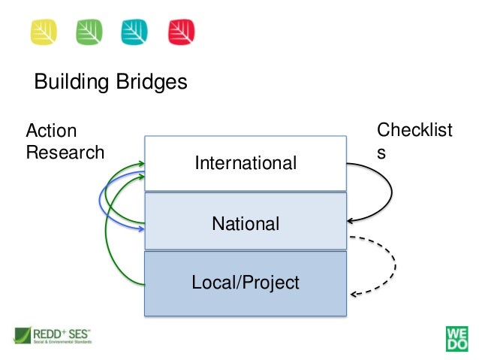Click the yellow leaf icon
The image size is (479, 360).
[43, 31]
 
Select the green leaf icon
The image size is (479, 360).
[90, 31]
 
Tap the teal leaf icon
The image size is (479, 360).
[136, 31]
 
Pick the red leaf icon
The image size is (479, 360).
[182, 31]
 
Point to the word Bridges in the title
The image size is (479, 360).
[149, 82]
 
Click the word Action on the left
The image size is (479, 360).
[52, 131]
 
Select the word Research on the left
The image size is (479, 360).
[65, 153]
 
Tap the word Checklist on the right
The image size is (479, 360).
[414, 130]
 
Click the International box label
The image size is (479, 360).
[246, 163]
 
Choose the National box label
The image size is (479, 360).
[246, 223]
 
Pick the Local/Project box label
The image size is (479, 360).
[246, 283]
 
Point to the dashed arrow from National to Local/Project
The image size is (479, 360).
[393, 265]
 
